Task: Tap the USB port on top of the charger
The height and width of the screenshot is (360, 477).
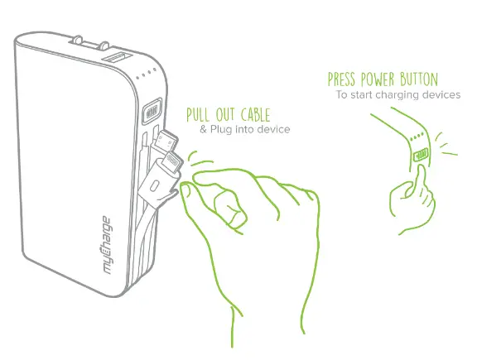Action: click(113, 60)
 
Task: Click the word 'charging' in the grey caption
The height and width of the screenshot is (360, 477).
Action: click(406, 95)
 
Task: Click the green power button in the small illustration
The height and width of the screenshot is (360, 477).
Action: click(421, 154)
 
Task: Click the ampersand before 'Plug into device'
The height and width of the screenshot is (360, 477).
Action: click(204, 130)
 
